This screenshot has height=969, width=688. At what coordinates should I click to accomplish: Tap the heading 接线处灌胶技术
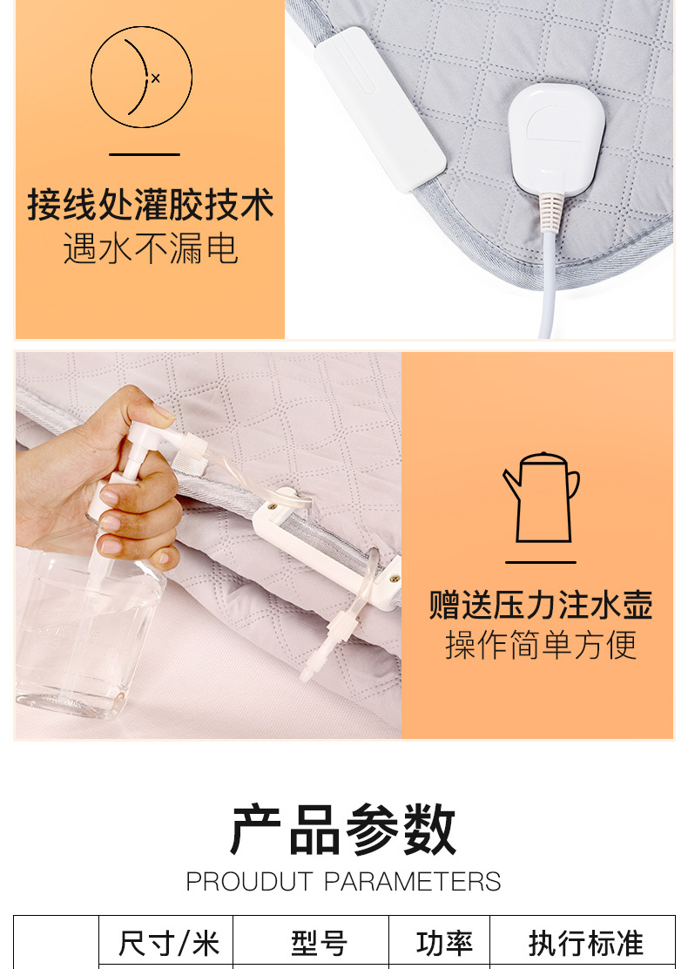pyautogui.click(x=150, y=204)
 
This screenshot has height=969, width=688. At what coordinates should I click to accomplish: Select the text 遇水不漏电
pyautogui.click(x=151, y=248)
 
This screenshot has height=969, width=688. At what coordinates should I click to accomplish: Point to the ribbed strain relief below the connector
pyautogui.click(x=551, y=212)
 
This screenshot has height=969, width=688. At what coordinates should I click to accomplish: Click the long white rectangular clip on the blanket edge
pyautogui.click(x=380, y=110)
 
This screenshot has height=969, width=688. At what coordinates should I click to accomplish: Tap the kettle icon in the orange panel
pyautogui.click(x=541, y=498)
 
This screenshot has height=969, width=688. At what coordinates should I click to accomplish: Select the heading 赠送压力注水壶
pyautogui.click(x=541, y=605)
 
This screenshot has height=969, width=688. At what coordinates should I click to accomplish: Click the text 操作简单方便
pyautogui.click(x=541, y=645)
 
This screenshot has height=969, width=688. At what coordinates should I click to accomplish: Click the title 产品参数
pyautogui.click(x=343, y=830)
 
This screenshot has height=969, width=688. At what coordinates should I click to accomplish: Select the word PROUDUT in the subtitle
pyautogui.click(x=249, y=882)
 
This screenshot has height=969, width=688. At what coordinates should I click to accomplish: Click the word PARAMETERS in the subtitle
pyautogui.click(x=413, y=882)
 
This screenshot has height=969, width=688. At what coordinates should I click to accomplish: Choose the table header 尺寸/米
pyautogui.click(x=169, y=944)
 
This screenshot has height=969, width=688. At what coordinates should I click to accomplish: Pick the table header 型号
pyautogui.click(x=319, y=944)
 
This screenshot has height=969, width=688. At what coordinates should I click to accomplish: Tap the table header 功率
pyautogui.click(x=445, y=944)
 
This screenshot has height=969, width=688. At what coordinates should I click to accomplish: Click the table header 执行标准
pyautogui.click(x=585, y=944)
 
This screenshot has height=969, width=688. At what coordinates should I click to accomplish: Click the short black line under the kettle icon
pyautogui.click(x=541, y=562)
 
